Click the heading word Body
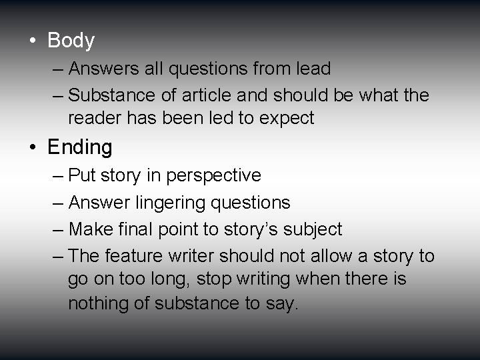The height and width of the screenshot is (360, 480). [x=71, y=41]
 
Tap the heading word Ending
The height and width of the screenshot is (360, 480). [x=80, y=146]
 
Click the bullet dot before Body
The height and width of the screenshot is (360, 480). [x=33, y=41]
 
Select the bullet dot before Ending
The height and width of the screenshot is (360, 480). [x=33, y=147]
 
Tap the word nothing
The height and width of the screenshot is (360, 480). [x=95, y=304]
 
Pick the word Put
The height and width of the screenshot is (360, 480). [x=81, y=176]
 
